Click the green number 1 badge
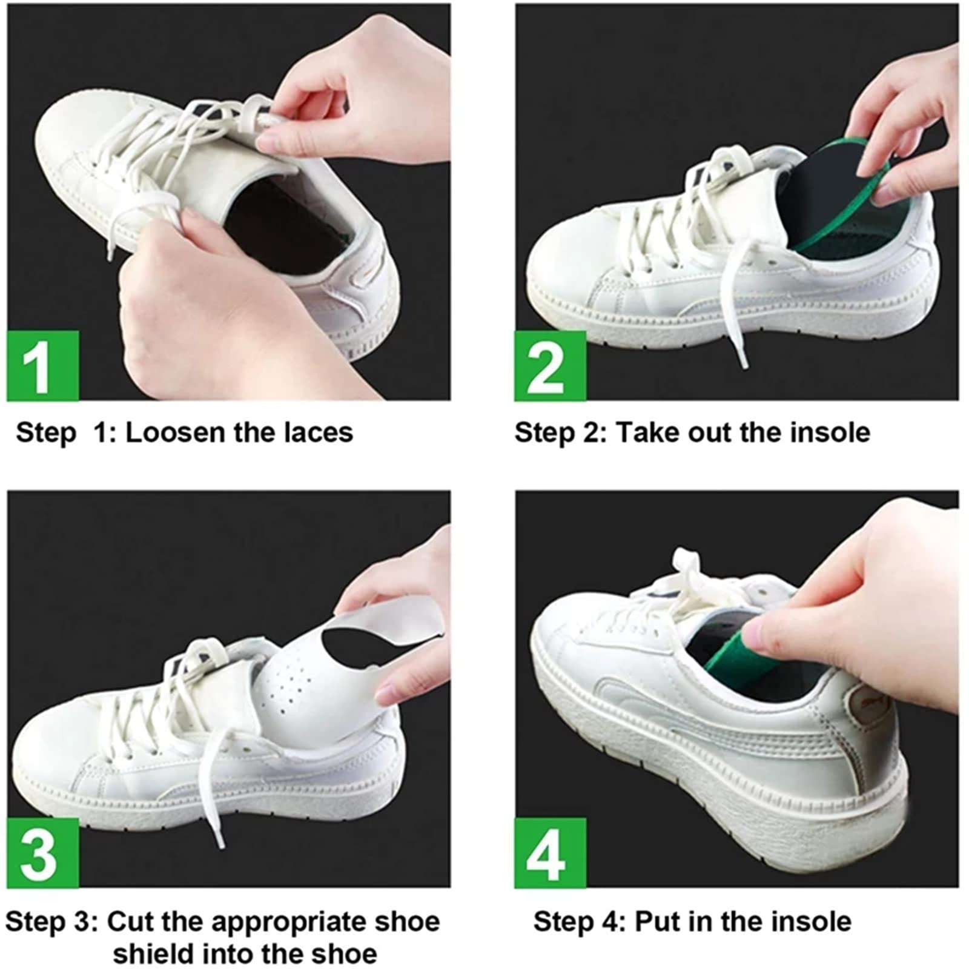[x=42, y=366]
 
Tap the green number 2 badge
[x=550, y=366]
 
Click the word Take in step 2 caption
[x=642, y=432]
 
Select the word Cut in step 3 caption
[x=130, y=922]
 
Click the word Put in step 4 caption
[x=658, y=922]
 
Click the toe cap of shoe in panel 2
[x=563, y=260]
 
